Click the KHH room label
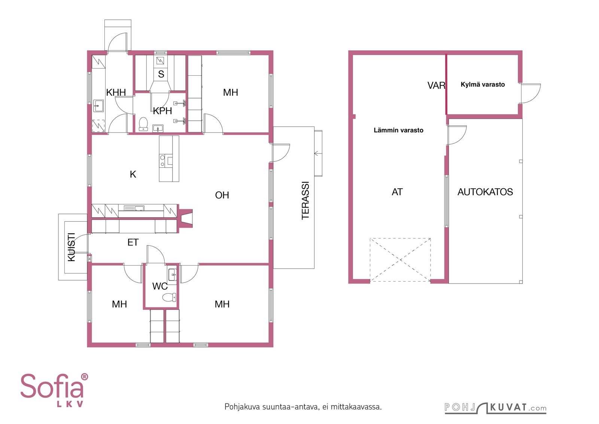click(116, 93)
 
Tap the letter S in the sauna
click(161, 74)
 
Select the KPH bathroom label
click(162, 111)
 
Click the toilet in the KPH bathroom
click(144, 124)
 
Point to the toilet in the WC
click(169, 297)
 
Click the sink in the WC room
click(173, 275)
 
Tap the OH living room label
click(222, 195)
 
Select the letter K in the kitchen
click(133, 175)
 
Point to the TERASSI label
click(305, 201)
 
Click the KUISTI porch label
click(72, 247)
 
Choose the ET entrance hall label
click(133, 242)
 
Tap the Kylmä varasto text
click(483, 85)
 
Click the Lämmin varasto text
click(398, 130)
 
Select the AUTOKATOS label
click(485, 192)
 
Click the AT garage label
click(397, 192)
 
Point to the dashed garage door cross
click(400, 260)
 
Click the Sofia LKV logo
click(54, 390)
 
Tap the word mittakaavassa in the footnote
click(356, 407)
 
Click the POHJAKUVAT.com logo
click(496, 408)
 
